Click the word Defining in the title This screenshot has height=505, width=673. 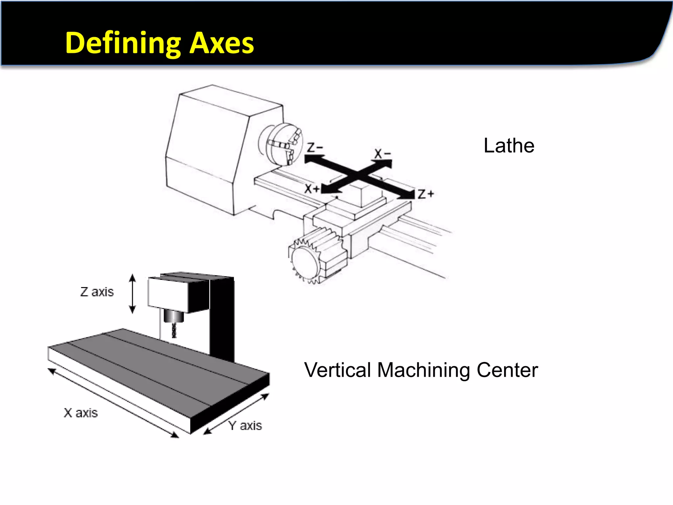[122, 43]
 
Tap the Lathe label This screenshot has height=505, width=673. [509, 146]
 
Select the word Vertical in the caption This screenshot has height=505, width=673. [337, 370]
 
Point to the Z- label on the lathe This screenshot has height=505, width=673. [315, 148]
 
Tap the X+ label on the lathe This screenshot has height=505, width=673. [312, 189]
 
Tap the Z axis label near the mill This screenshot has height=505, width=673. [97, 292]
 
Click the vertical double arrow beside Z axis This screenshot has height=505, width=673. [132, 294]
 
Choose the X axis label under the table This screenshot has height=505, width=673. [81, 413]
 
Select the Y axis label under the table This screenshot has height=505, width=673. [245, 426]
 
